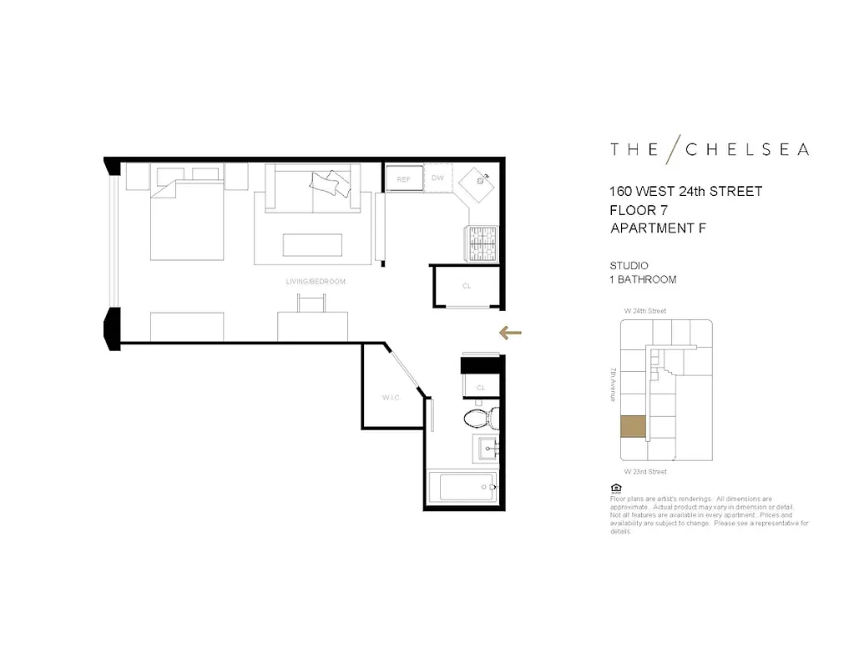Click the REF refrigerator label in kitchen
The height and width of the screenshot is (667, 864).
click(404, 179)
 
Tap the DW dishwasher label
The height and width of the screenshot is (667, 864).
click(437, 178)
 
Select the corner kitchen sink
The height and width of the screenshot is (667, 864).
click(478, 181)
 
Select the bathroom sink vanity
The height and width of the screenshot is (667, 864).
click(486, 449)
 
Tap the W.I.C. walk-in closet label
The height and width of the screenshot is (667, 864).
click(392, 398)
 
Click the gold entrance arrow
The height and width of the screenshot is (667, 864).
click(510, 333)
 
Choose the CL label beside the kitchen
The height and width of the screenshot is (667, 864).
click(467, 286)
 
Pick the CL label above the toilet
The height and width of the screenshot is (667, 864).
click(481, 388)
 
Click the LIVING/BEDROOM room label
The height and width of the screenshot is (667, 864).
click(315, 282)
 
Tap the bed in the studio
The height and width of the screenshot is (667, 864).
click(187, 218)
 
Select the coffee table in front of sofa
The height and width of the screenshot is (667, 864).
click(312, 244)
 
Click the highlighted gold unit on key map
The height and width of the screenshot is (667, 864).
click(633, 427)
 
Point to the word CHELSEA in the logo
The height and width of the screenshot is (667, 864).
click(747, 150)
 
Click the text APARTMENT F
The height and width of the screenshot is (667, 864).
click(658, 228)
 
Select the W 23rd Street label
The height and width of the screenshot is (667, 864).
click(645, 472)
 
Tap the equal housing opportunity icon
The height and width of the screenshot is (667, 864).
click(615, 488)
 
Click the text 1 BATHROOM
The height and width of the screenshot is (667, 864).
click(643, 280)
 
